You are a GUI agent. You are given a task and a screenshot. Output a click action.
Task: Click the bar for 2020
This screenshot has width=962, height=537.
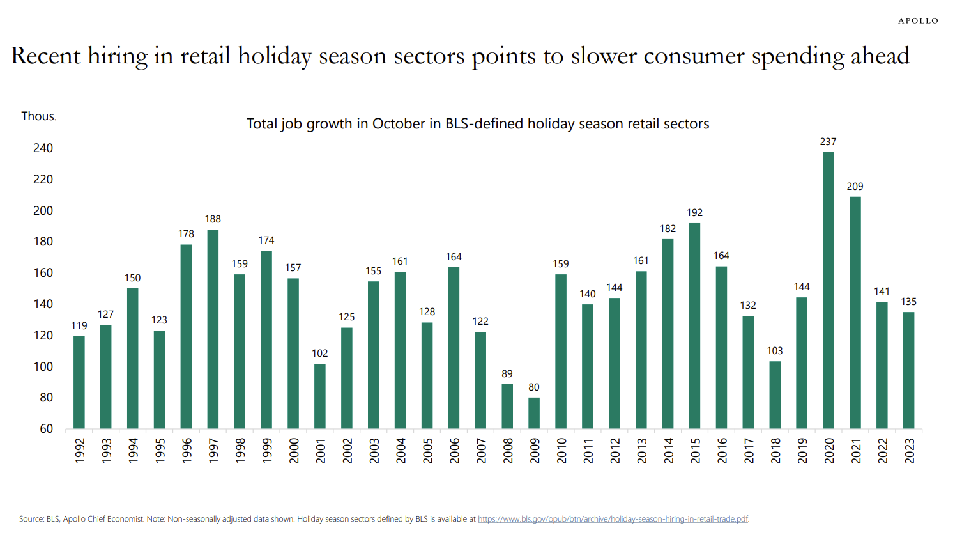tap(828, 291)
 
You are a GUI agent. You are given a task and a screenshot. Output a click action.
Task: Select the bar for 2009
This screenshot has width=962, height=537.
tap(534, 413)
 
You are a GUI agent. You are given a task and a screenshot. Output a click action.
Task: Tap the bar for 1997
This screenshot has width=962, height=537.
tap(213, 329)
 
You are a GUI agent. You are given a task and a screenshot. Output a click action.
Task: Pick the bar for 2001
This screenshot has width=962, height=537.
tap(320, 396)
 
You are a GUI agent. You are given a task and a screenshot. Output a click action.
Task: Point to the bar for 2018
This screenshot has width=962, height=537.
tap(775, 395)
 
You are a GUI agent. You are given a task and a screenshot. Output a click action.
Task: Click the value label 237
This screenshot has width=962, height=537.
tap(828, 142)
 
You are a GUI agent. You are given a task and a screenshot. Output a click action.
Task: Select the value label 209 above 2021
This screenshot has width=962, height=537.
tap(855, 187)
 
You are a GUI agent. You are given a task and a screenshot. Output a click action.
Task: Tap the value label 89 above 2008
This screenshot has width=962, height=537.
tap(507, 374)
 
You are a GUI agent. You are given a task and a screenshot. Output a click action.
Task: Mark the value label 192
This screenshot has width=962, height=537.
tap(694, 213)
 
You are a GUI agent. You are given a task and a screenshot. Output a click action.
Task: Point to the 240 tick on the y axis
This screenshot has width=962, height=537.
tap(43, 148)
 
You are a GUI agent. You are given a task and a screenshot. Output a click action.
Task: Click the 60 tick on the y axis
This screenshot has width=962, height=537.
tap(46, 429)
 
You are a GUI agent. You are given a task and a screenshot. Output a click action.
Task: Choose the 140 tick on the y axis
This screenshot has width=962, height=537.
tap(43, 304)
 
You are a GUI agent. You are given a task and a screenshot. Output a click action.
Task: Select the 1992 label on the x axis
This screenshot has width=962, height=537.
tap(79, 450)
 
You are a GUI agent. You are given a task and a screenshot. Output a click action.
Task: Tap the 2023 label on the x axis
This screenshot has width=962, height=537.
tap(909, 450)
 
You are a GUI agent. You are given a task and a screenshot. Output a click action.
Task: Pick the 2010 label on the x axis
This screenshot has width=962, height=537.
tap(561, 450)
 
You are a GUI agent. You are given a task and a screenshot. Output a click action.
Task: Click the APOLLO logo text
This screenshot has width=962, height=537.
tap(918, 21)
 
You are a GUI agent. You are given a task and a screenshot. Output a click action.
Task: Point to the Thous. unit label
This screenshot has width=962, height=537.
tap(38, 116)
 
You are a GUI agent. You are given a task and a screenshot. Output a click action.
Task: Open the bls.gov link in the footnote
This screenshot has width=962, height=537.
tap(613, 519)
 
